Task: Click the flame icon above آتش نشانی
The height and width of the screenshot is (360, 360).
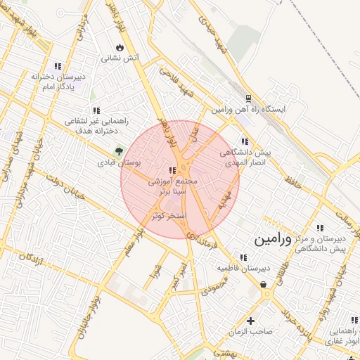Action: point(120,48)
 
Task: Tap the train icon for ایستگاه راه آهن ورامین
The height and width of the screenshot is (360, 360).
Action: point(248,99)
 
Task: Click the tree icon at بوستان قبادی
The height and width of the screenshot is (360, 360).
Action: point(118,150)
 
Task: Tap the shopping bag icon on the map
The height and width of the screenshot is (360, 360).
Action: point(263,285)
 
